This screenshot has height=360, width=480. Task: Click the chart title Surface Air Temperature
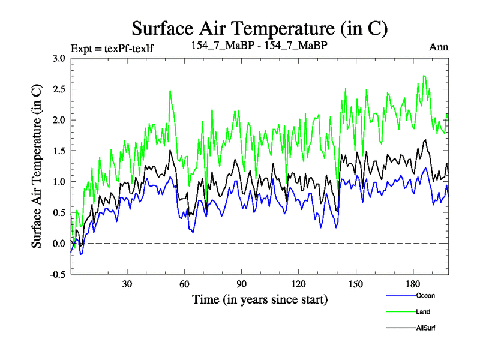click(259, 28)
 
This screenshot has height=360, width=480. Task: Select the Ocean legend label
click(425, 295)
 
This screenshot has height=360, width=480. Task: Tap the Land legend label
click(423, 311)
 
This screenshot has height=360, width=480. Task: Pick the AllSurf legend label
click(425, 328)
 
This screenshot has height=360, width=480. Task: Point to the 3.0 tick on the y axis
click(58, 59)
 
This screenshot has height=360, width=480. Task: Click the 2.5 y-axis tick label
click(58, 89)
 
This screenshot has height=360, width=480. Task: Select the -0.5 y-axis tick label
click(57, 274)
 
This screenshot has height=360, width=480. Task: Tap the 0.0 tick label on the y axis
click(58, 244)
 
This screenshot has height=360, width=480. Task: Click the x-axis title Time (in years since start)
click(259, 298)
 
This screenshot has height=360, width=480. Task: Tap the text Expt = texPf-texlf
click(112, 48)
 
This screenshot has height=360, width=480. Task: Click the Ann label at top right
click(439, 47)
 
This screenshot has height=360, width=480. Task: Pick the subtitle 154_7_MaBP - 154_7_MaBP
click(259, 46)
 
